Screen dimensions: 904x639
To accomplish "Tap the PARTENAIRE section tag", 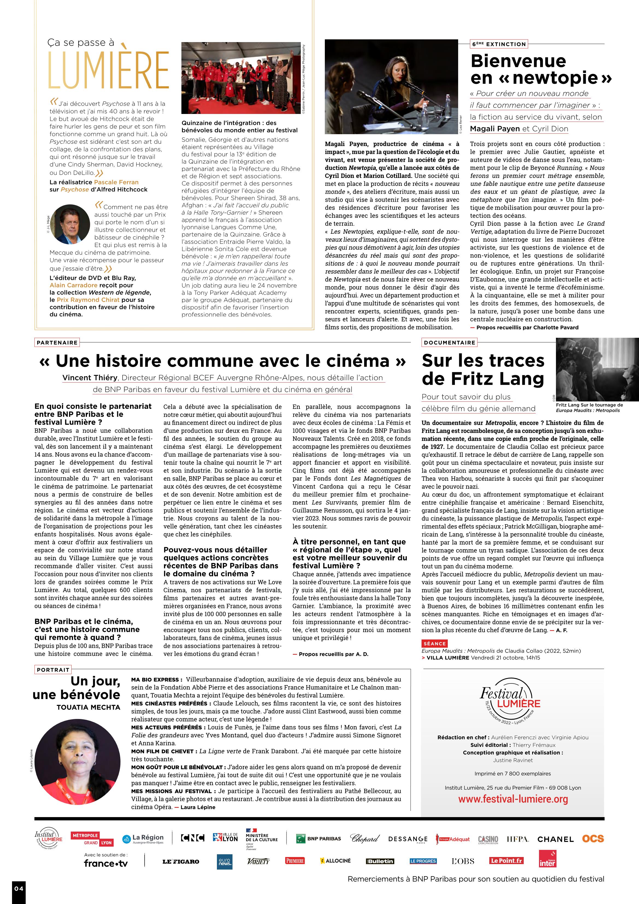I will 57,342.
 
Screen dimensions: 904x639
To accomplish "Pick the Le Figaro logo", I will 181,861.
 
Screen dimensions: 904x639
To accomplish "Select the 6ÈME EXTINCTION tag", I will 499,44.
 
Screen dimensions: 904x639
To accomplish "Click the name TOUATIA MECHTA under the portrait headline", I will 88,708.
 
